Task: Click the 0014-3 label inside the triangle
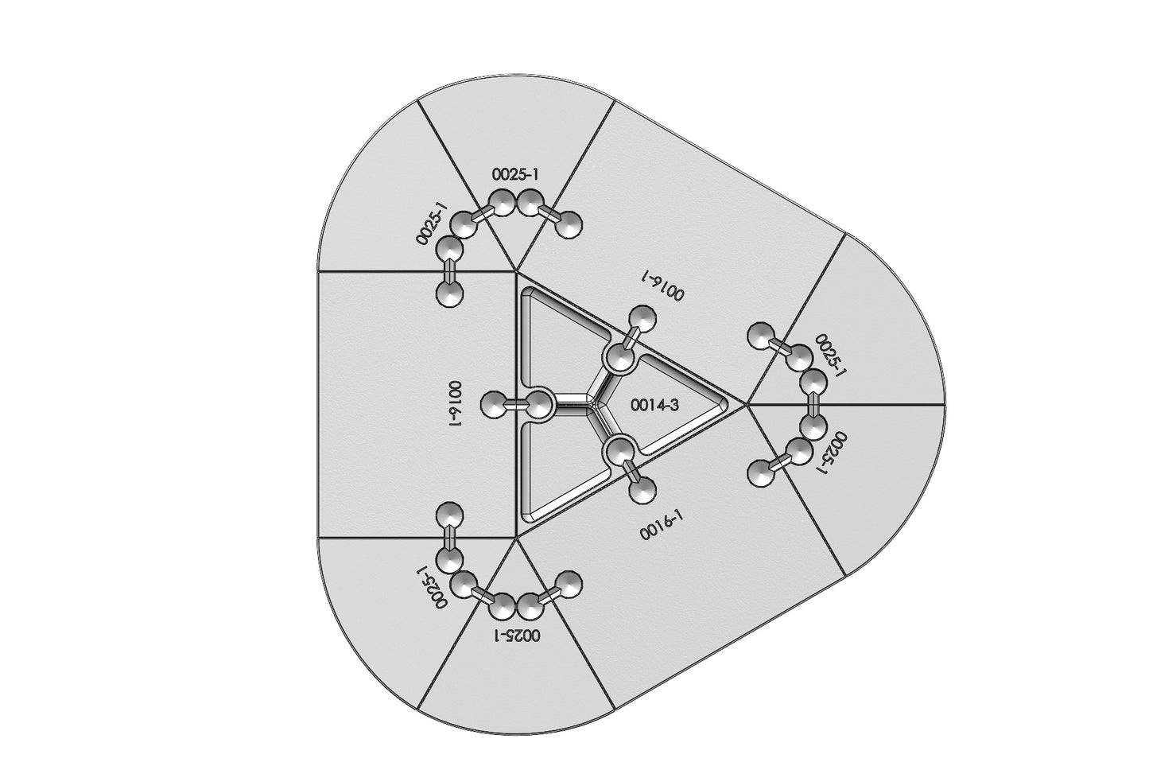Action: point(655,406)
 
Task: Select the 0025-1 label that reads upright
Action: point(515,174)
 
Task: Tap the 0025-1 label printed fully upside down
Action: point(517,636)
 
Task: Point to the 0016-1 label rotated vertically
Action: point(455,404)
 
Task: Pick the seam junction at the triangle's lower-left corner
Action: point(515,539)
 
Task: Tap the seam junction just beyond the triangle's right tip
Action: point(747,405)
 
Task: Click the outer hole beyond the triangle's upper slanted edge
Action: point(642,319)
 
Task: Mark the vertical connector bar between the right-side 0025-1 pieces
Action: point(813,406)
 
